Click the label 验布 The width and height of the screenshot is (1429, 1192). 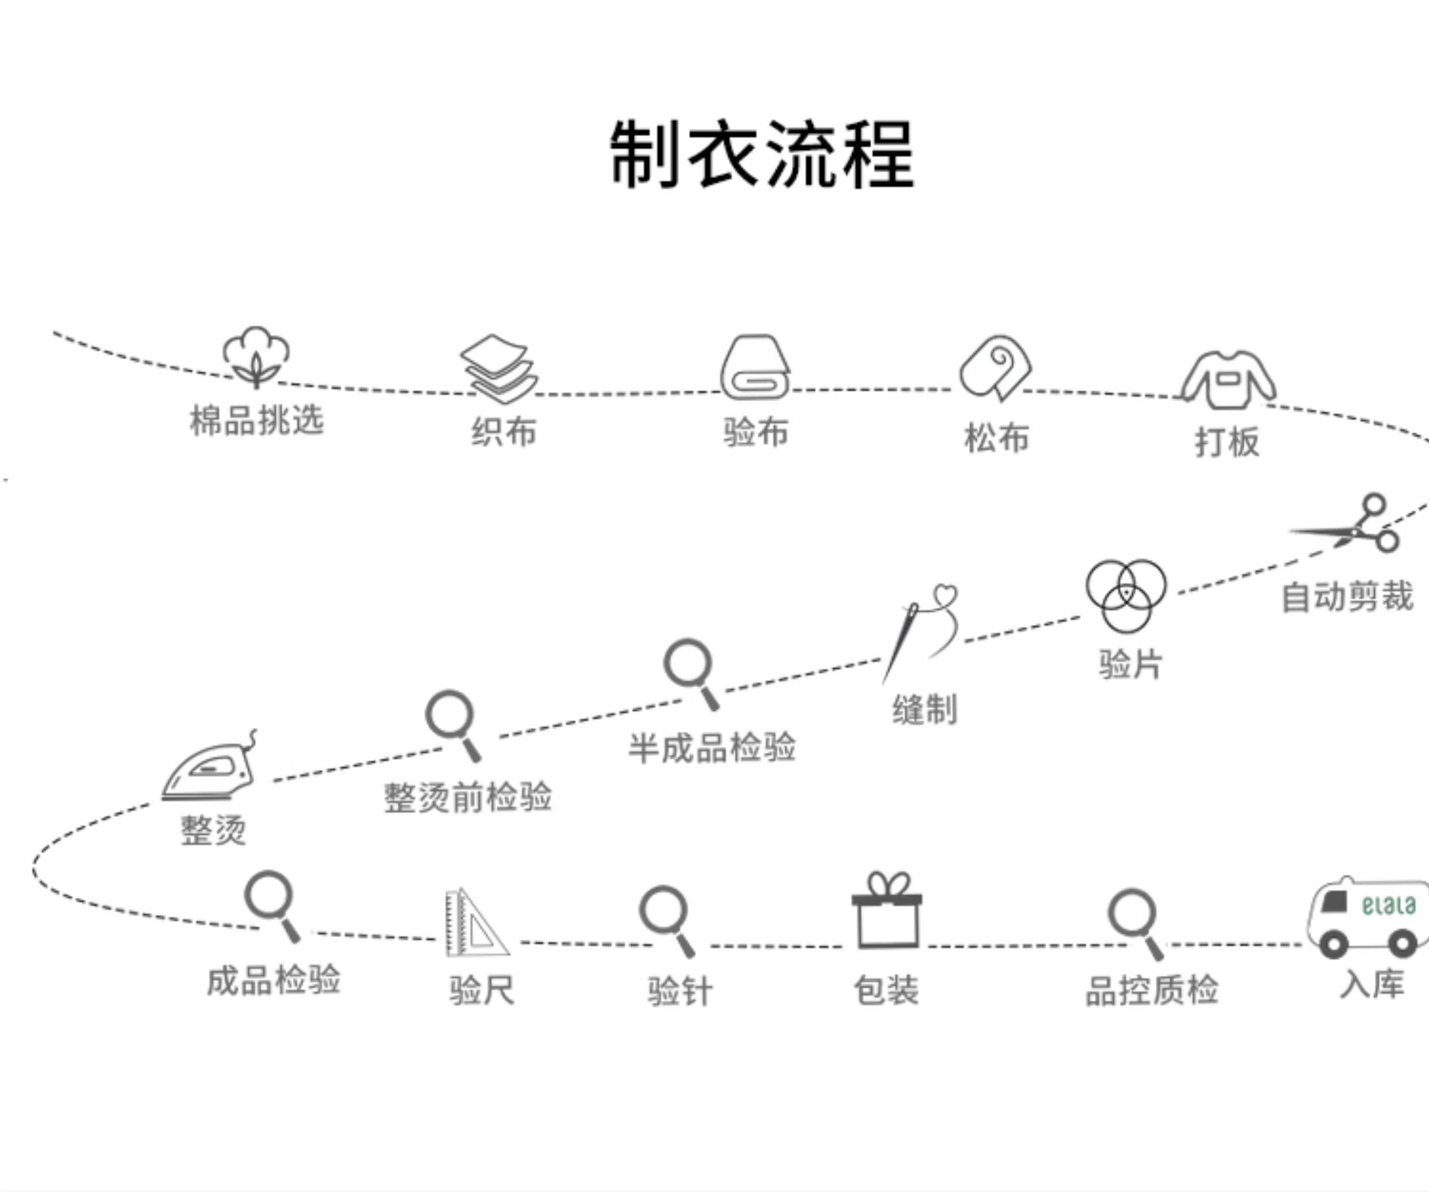pos(755,432)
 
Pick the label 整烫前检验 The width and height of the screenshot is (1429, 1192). pos(467,797)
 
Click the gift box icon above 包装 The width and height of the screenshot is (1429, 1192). pos(887,912)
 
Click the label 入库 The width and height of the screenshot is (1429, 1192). pos(1372,984)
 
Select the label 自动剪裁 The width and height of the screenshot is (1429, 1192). pos(1347,597)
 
